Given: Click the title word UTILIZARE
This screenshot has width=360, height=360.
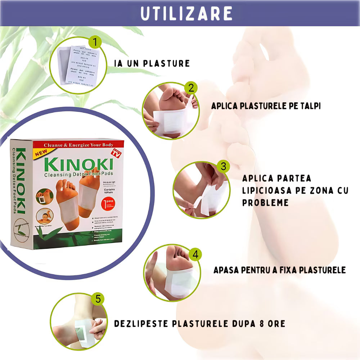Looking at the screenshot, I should (186, 13).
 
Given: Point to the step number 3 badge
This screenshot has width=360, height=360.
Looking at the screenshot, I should (223, 166).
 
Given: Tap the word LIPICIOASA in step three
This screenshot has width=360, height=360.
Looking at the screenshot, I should (272, 190).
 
